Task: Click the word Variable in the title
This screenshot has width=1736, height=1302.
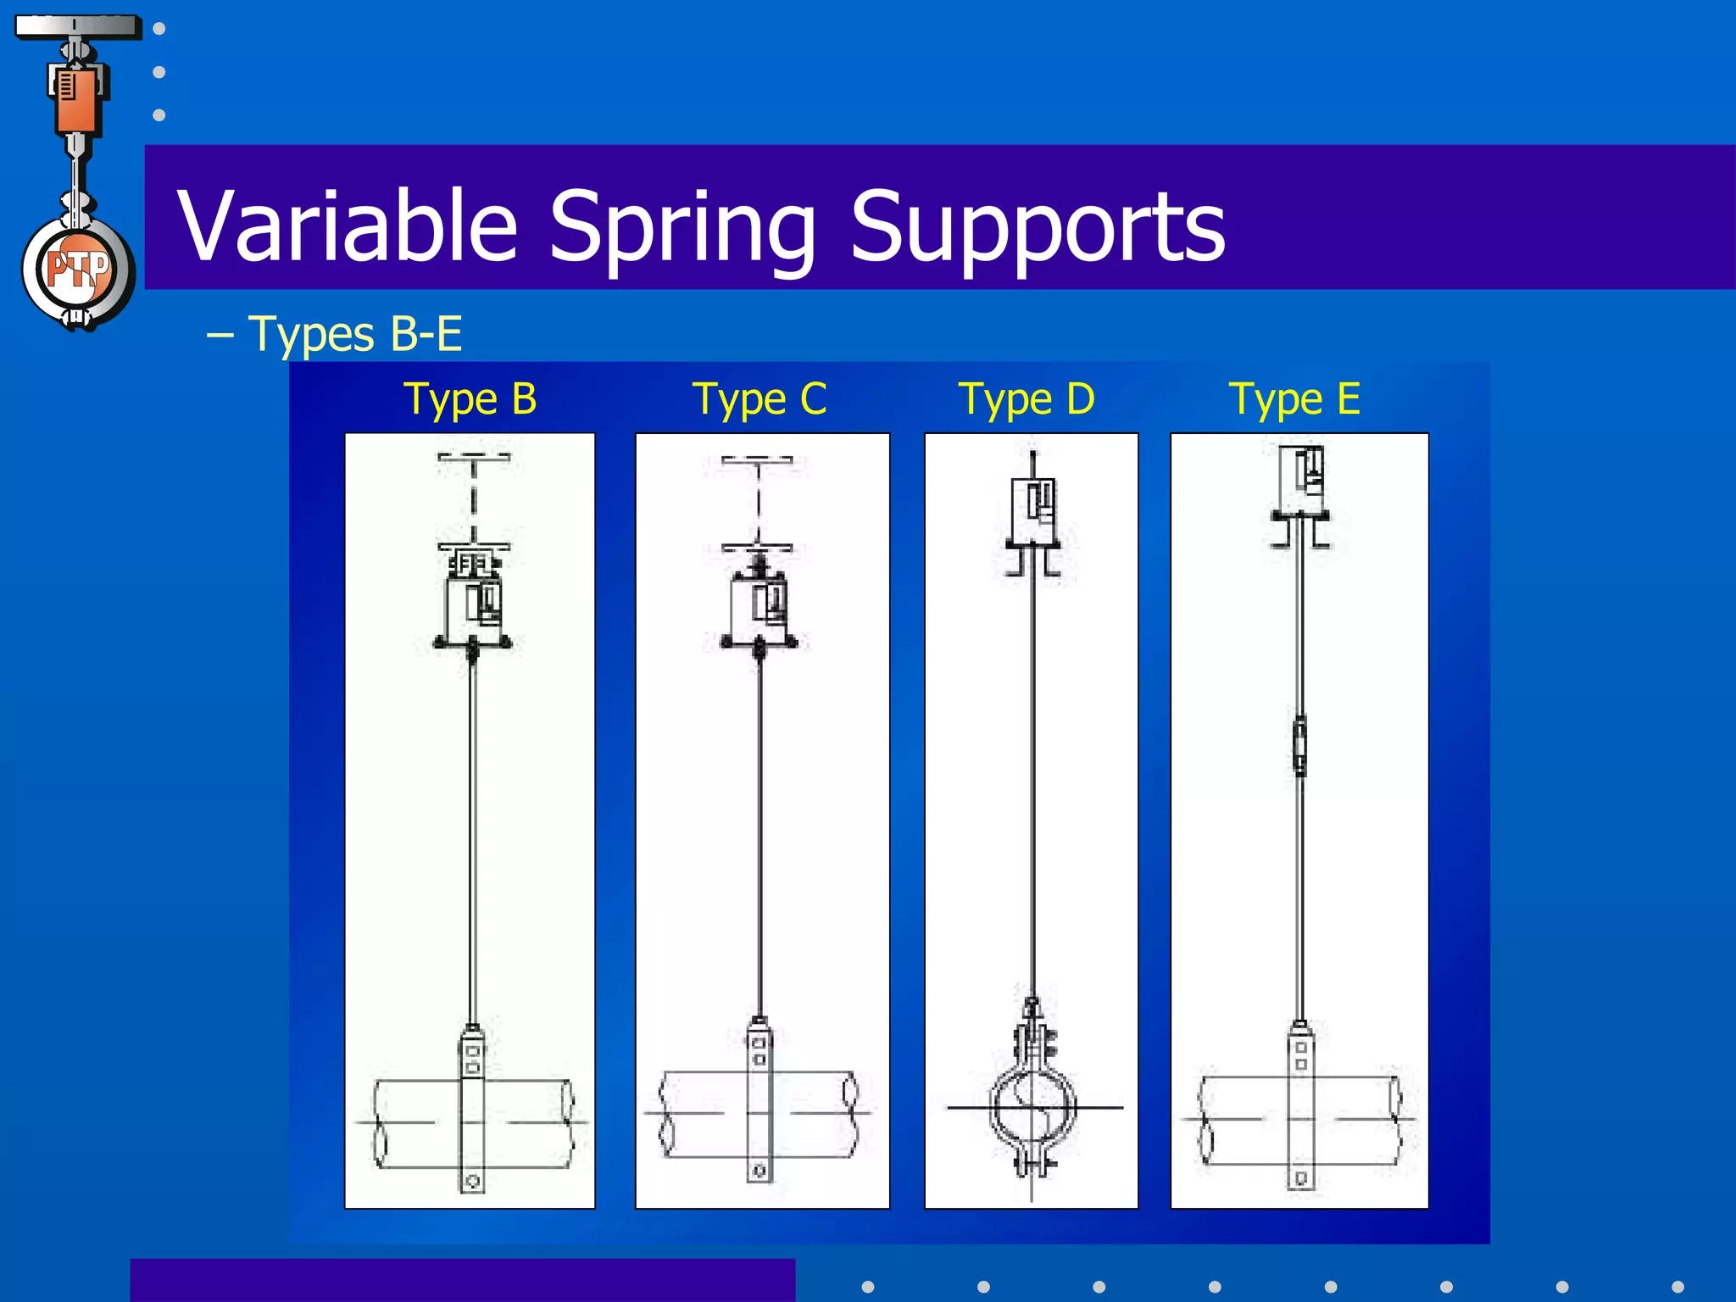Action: point(348,225)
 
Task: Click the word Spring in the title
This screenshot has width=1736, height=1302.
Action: point(682,225)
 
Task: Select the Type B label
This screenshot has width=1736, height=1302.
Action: point(470,398)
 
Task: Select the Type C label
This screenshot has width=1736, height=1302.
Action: point(759,398)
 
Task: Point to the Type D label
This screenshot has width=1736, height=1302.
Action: point(1026,398)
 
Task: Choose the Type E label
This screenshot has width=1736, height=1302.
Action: point(1294,398)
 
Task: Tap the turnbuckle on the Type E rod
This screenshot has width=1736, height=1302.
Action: point(1299,746)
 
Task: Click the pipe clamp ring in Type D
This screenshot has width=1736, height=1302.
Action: point(1033,1106)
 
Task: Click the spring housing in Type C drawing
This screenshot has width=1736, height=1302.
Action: point(759,606)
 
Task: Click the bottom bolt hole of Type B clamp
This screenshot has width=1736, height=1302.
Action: point(473,1181)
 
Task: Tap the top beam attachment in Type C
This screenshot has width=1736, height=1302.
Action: point(757,460)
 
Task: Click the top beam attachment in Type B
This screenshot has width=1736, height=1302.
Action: point(474,457)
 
